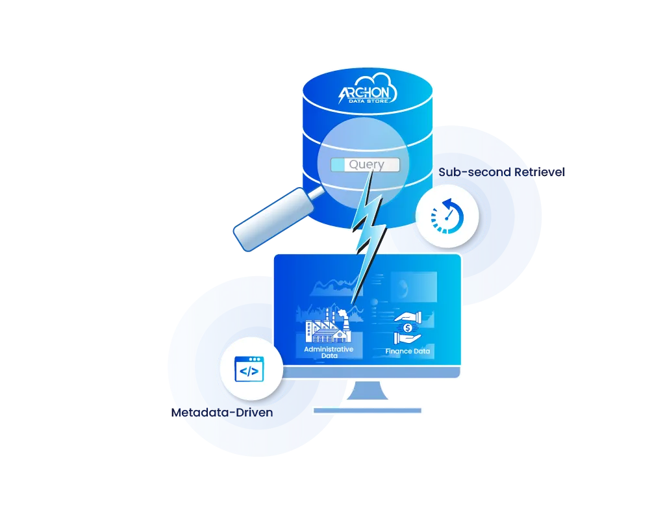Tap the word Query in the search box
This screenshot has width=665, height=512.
pyautogui.click(x=366, y=164)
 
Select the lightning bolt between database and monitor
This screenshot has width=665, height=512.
pyautogui.click(x=368, y=224)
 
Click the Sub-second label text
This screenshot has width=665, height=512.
pyautogui.click(x=466, y=172)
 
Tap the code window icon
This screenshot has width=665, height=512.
pyautogui.click(x=249, y=370)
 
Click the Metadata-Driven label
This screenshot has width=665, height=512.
pyautogui.click(x=222, y=412)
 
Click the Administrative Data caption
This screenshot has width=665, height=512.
pyautogui.click(x=329, y=352)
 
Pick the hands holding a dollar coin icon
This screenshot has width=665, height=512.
pyautogui.click(x=407, y=327)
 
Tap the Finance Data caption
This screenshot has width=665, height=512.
pyautogui.click(x=407, y=351)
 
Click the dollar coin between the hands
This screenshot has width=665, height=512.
pyautogui.click(x=408, y=327)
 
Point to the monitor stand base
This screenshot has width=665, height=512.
pyautogui.click(x=368, y=411)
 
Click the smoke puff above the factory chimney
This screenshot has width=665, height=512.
pyautogui.click(x=342, y=313)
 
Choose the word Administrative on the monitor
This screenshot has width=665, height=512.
pyautogui.click(x=329, y=349)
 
